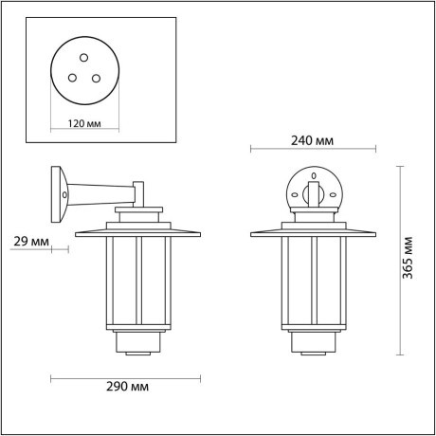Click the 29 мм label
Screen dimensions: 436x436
(33, 243)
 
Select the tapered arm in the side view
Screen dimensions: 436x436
(100, 194)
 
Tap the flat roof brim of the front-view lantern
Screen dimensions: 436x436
(312, 232)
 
